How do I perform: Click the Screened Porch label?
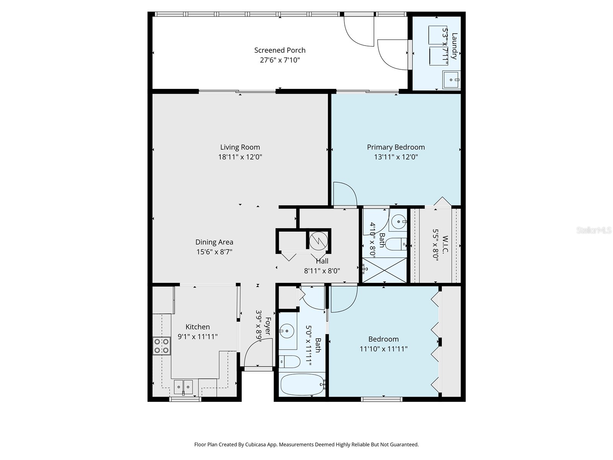[280, 50]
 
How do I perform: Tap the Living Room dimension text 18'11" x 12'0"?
[240, 157]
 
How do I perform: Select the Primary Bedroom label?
[396, 147]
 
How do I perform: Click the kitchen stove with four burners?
[161, 345]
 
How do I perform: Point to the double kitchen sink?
[184, 387]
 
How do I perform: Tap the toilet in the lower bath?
[289, 361]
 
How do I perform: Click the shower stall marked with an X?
[384, 270]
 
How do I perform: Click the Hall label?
[322, 261]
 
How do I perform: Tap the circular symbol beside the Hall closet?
[319, 240]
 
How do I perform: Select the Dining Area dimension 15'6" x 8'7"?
[215, 252]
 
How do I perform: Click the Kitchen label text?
[198, 327]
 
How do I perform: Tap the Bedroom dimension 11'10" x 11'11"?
[384, 349]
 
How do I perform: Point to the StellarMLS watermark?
[594, 230]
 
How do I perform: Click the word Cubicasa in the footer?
[258, 445]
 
